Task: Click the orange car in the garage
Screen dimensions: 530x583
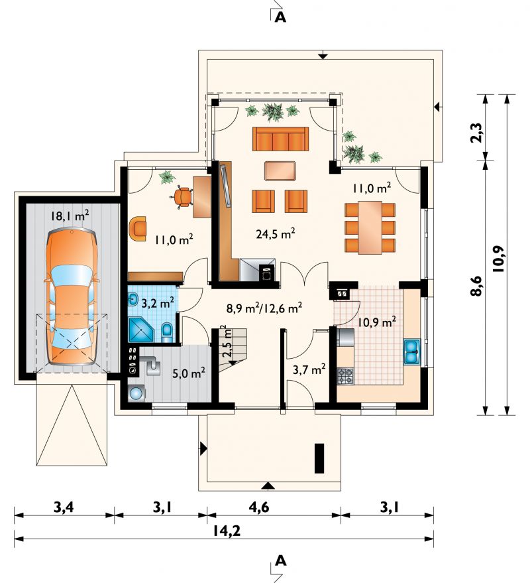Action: click(x=71, y=297)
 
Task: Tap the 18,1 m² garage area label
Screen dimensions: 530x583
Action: click(x=70, y=216)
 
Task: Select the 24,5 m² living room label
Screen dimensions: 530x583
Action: click(x=276, y=234)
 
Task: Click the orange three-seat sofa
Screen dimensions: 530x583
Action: click(x=280, y=139)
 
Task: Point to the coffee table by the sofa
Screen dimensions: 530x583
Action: click(x=280, y=171)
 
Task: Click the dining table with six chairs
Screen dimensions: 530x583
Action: click(x=370, y=227)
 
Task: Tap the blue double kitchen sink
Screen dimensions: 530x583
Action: click(x=411, y=352)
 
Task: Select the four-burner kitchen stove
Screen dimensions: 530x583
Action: click(x=345, y=376)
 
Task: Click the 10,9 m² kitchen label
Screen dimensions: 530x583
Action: click(x=376, y=322)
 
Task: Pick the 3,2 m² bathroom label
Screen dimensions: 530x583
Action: click(x=158, y=303)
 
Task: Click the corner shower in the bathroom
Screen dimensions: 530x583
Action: click(x=140, y=330)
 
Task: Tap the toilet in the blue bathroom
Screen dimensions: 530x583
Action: click(x=167, y=332)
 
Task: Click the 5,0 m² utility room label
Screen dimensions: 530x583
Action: click(x=189, y=373)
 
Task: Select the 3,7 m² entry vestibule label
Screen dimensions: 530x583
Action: click(x=309, y=369)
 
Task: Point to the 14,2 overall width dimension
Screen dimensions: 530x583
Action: click(x=227, y=531)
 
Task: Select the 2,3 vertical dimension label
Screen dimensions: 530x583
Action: click(x=478, y=132)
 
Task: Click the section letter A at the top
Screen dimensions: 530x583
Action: click(x=280, y=17)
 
